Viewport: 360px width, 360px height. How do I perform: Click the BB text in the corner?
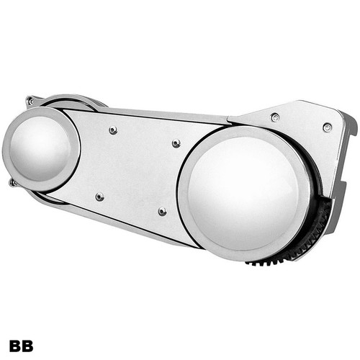(x=21, y=346)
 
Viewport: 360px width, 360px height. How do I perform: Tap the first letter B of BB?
(x=15, y=346)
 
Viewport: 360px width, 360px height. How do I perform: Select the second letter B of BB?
(x=27, y=346)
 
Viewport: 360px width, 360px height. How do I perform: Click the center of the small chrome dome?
(x=40, y=147)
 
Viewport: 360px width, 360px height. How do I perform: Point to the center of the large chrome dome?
(x=245, y=191)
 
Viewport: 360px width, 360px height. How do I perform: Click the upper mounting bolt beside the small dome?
(x=30, y=102)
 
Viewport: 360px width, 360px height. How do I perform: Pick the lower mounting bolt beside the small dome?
(x=12, y=183)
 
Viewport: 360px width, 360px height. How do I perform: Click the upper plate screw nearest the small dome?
(x=113, y=130)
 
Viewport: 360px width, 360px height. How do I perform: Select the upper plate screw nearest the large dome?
(x=176, y=143)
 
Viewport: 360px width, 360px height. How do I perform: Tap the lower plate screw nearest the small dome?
(x=99, y=196)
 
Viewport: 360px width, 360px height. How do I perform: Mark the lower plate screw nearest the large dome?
(x=162, y=212)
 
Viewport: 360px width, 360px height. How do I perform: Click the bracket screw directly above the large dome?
(x=276, y=117)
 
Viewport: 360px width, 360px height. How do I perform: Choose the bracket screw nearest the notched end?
(x=328, y=127)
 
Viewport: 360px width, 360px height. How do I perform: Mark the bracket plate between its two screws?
(x=302, y=122)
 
